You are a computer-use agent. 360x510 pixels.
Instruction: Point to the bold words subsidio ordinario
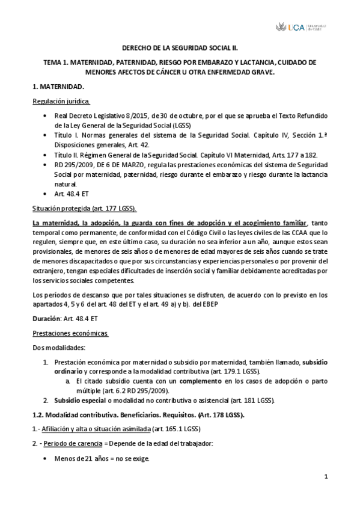point(313,346)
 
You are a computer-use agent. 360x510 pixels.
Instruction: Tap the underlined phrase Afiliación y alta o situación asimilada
point(100,429)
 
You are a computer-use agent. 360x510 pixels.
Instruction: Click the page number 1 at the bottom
point(325,478)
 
